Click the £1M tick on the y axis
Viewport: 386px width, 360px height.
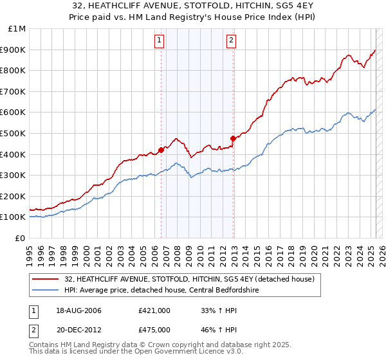(17, 29)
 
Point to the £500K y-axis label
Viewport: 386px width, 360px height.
(14, 133)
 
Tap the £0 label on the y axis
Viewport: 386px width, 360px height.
(21, 238)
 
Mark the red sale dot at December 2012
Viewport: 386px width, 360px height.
(233, 138)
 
